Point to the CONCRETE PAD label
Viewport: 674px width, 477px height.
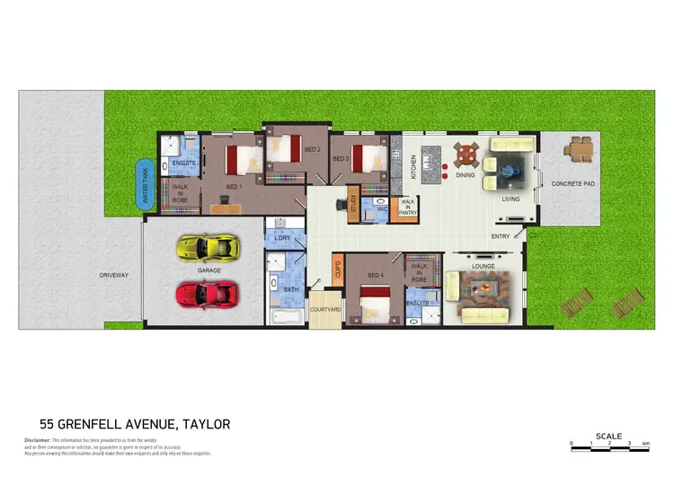pos(573,184)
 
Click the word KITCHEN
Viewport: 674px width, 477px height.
pos(413,166)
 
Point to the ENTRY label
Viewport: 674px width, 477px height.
pos(501,236)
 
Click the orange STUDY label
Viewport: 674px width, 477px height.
pos(354,204)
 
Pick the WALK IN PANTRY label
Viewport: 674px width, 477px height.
pos(407,209)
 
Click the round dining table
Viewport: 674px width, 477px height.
pos(466,155)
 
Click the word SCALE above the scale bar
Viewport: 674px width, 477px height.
pos(607,437)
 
